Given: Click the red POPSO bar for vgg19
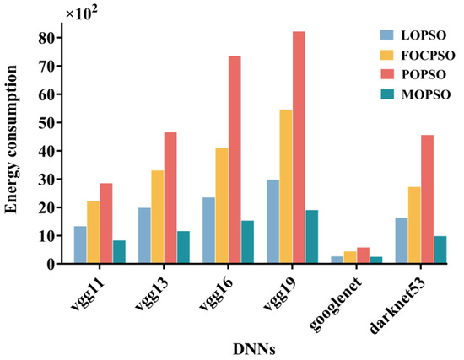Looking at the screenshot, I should [x=299, y=148].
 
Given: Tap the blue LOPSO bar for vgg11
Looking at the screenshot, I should [x=80, y=244].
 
